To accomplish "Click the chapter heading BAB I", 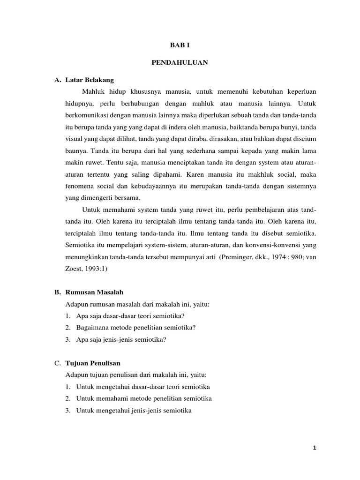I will coord(180,46).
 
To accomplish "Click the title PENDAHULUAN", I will coord(180,62).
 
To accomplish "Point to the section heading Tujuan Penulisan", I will coord(95,363).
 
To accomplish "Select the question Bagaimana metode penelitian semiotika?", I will coord(135,328).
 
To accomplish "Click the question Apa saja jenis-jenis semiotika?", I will coord(121,340).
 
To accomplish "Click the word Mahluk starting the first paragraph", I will coord(92,90).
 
